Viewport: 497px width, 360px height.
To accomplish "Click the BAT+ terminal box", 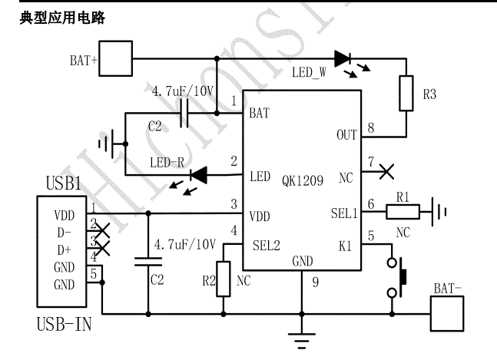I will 117,58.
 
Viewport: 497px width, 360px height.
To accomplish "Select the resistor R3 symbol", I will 407,94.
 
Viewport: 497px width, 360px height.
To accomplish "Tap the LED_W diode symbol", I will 343,58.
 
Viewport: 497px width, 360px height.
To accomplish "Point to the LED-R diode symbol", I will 200,175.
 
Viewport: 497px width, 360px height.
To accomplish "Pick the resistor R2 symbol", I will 224,278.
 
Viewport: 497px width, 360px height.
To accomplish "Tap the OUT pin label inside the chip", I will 346,135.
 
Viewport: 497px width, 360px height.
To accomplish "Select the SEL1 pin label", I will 343,213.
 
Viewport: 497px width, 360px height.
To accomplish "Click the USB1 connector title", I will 64,185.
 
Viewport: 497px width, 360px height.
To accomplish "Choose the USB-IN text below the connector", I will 64,325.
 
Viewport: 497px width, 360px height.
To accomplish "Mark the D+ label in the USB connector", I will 64,249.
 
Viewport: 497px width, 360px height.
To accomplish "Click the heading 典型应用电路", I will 62,18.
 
